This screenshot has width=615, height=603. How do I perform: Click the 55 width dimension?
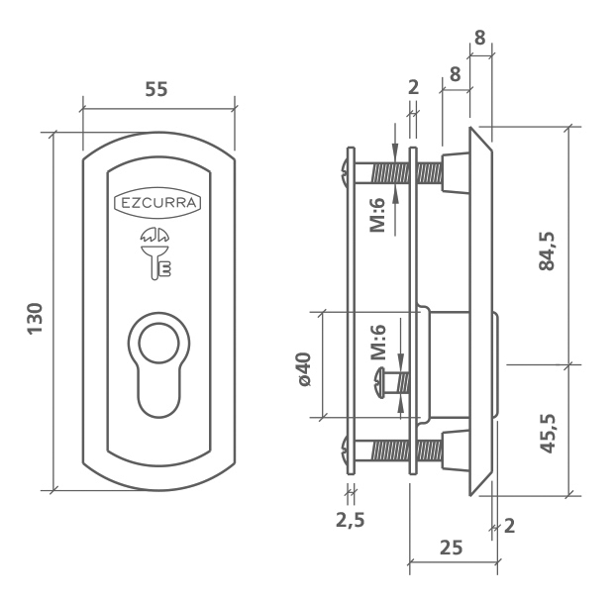pyautogui.click(x=155, y=88)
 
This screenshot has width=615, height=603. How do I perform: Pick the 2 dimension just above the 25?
pyautogui.click(x=509, y=525)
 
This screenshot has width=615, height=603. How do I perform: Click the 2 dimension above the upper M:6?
pyautogui.click(x=414, y=87)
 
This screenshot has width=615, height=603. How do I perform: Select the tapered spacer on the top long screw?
pyautogui.click(x=456, y=170)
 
